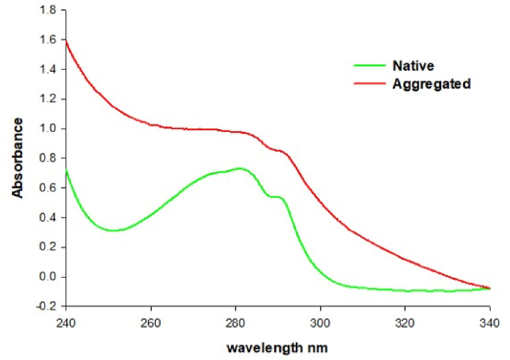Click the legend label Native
[x=414, y=66]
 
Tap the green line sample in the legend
[x=369, y=66]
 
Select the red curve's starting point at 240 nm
[x=66, y=41]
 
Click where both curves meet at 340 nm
[x=490, y=288]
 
